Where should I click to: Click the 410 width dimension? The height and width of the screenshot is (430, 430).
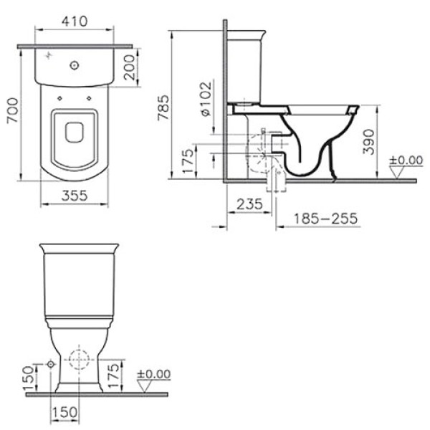(75, 21)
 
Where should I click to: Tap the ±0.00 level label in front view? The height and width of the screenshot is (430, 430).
(154, 373)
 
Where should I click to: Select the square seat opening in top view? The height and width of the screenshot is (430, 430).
(74, 132)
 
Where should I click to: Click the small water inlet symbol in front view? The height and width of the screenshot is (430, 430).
(51, 365)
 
